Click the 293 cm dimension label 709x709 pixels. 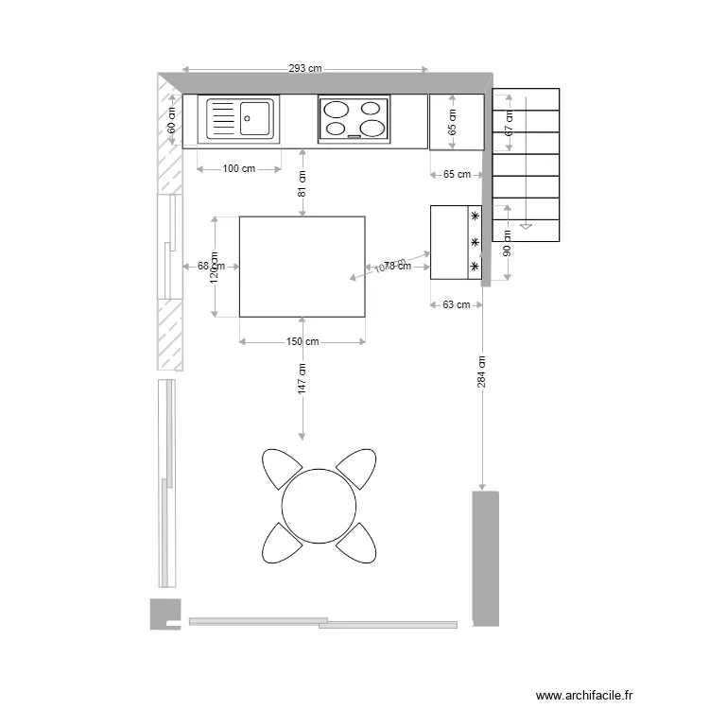point(305,68)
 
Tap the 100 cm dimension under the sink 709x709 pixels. point(238,169)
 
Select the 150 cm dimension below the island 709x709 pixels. point(303,341)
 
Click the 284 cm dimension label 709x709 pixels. point(481,372)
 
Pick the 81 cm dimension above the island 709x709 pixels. point(303,182)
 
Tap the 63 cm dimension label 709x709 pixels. point(457,304)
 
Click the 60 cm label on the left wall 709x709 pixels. point(171,121)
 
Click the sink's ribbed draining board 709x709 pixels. point(221,119)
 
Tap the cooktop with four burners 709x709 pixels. point(354,119)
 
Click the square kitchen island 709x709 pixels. point(303,267)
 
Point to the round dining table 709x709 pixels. point(320,506)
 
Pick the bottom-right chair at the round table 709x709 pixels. point(358,543)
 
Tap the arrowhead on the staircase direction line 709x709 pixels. point(526,226)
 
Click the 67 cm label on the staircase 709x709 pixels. point(508,122)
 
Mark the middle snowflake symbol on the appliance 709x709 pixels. point(475,243)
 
